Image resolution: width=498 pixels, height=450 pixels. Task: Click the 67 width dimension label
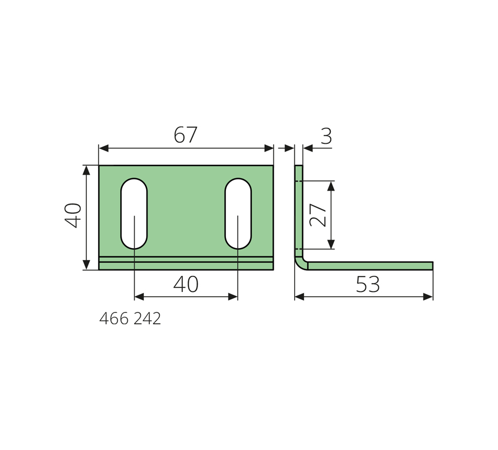pyautogui.click(x=186, y=134)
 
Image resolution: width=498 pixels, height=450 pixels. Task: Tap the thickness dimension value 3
pyautogui.click(x=326, y=136)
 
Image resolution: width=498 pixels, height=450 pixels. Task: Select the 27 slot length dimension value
pyautogui.click(x=318, y=215)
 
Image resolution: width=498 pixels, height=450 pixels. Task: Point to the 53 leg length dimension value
pyautogui.click(x=368, y=284)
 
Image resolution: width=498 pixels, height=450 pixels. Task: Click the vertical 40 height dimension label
pyautogui.click(x=73, y=216)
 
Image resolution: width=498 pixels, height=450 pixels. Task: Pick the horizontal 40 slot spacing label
pyautogui.click(x=186, y=284)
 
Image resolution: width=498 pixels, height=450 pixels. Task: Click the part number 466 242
pyautogui.click(x=130, y=319)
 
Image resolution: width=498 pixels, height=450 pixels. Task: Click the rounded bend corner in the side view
pyautogui.click(x=300, y=263)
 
